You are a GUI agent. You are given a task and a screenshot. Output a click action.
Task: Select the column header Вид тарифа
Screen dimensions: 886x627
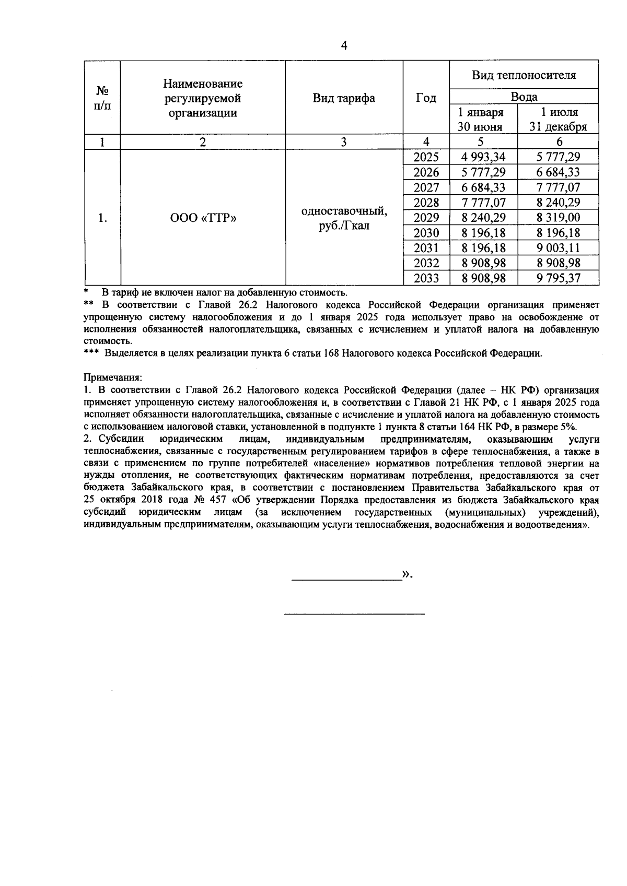pyautogui.click(x=344, y=98)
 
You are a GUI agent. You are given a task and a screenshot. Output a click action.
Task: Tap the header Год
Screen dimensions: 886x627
pyautogui.click(x=426, y=98)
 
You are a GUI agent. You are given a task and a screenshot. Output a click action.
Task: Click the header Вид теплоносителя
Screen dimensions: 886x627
pyautogui.click(x=524, y=75)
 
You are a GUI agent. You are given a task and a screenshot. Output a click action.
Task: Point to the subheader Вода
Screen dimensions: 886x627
pyautogui.click(x=524, y=97)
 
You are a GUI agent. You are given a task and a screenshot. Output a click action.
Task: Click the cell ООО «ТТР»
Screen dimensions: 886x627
pyautogui.click(x=203, y=218)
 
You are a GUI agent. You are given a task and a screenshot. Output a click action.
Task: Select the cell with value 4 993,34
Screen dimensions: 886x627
pyautogui.click(x=483, y=157)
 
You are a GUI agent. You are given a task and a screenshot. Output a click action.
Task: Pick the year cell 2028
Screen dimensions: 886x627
pyautogui.click(x=426, y=203)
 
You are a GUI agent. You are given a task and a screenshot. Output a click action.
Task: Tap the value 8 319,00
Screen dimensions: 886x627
pyautogui.click(x=558, y=218)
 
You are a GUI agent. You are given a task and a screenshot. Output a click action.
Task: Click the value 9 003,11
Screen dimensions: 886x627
pyautogui.click(x=558, y=248)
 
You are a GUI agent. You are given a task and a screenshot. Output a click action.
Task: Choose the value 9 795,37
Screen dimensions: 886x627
pyautogui.click(x=558, y=278)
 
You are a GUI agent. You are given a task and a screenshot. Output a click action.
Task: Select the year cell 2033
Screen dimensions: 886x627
pyautogui.click(x=426, y=278)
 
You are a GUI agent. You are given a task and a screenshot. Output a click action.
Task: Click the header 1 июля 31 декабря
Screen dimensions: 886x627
pyautogui.click(x=558, y=120)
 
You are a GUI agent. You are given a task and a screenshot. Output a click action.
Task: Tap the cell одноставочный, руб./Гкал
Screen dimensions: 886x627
pyautogui.click(x=344, y=218)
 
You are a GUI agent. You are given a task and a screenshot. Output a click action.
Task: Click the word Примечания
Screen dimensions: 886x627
pyautogui.click(x=112, y=376)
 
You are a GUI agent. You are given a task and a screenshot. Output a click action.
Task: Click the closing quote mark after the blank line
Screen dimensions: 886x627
pyautogui.click(x=406, y=575)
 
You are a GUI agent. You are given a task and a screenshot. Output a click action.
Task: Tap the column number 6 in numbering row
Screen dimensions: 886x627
pyautogui.click(x=559, y=142)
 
